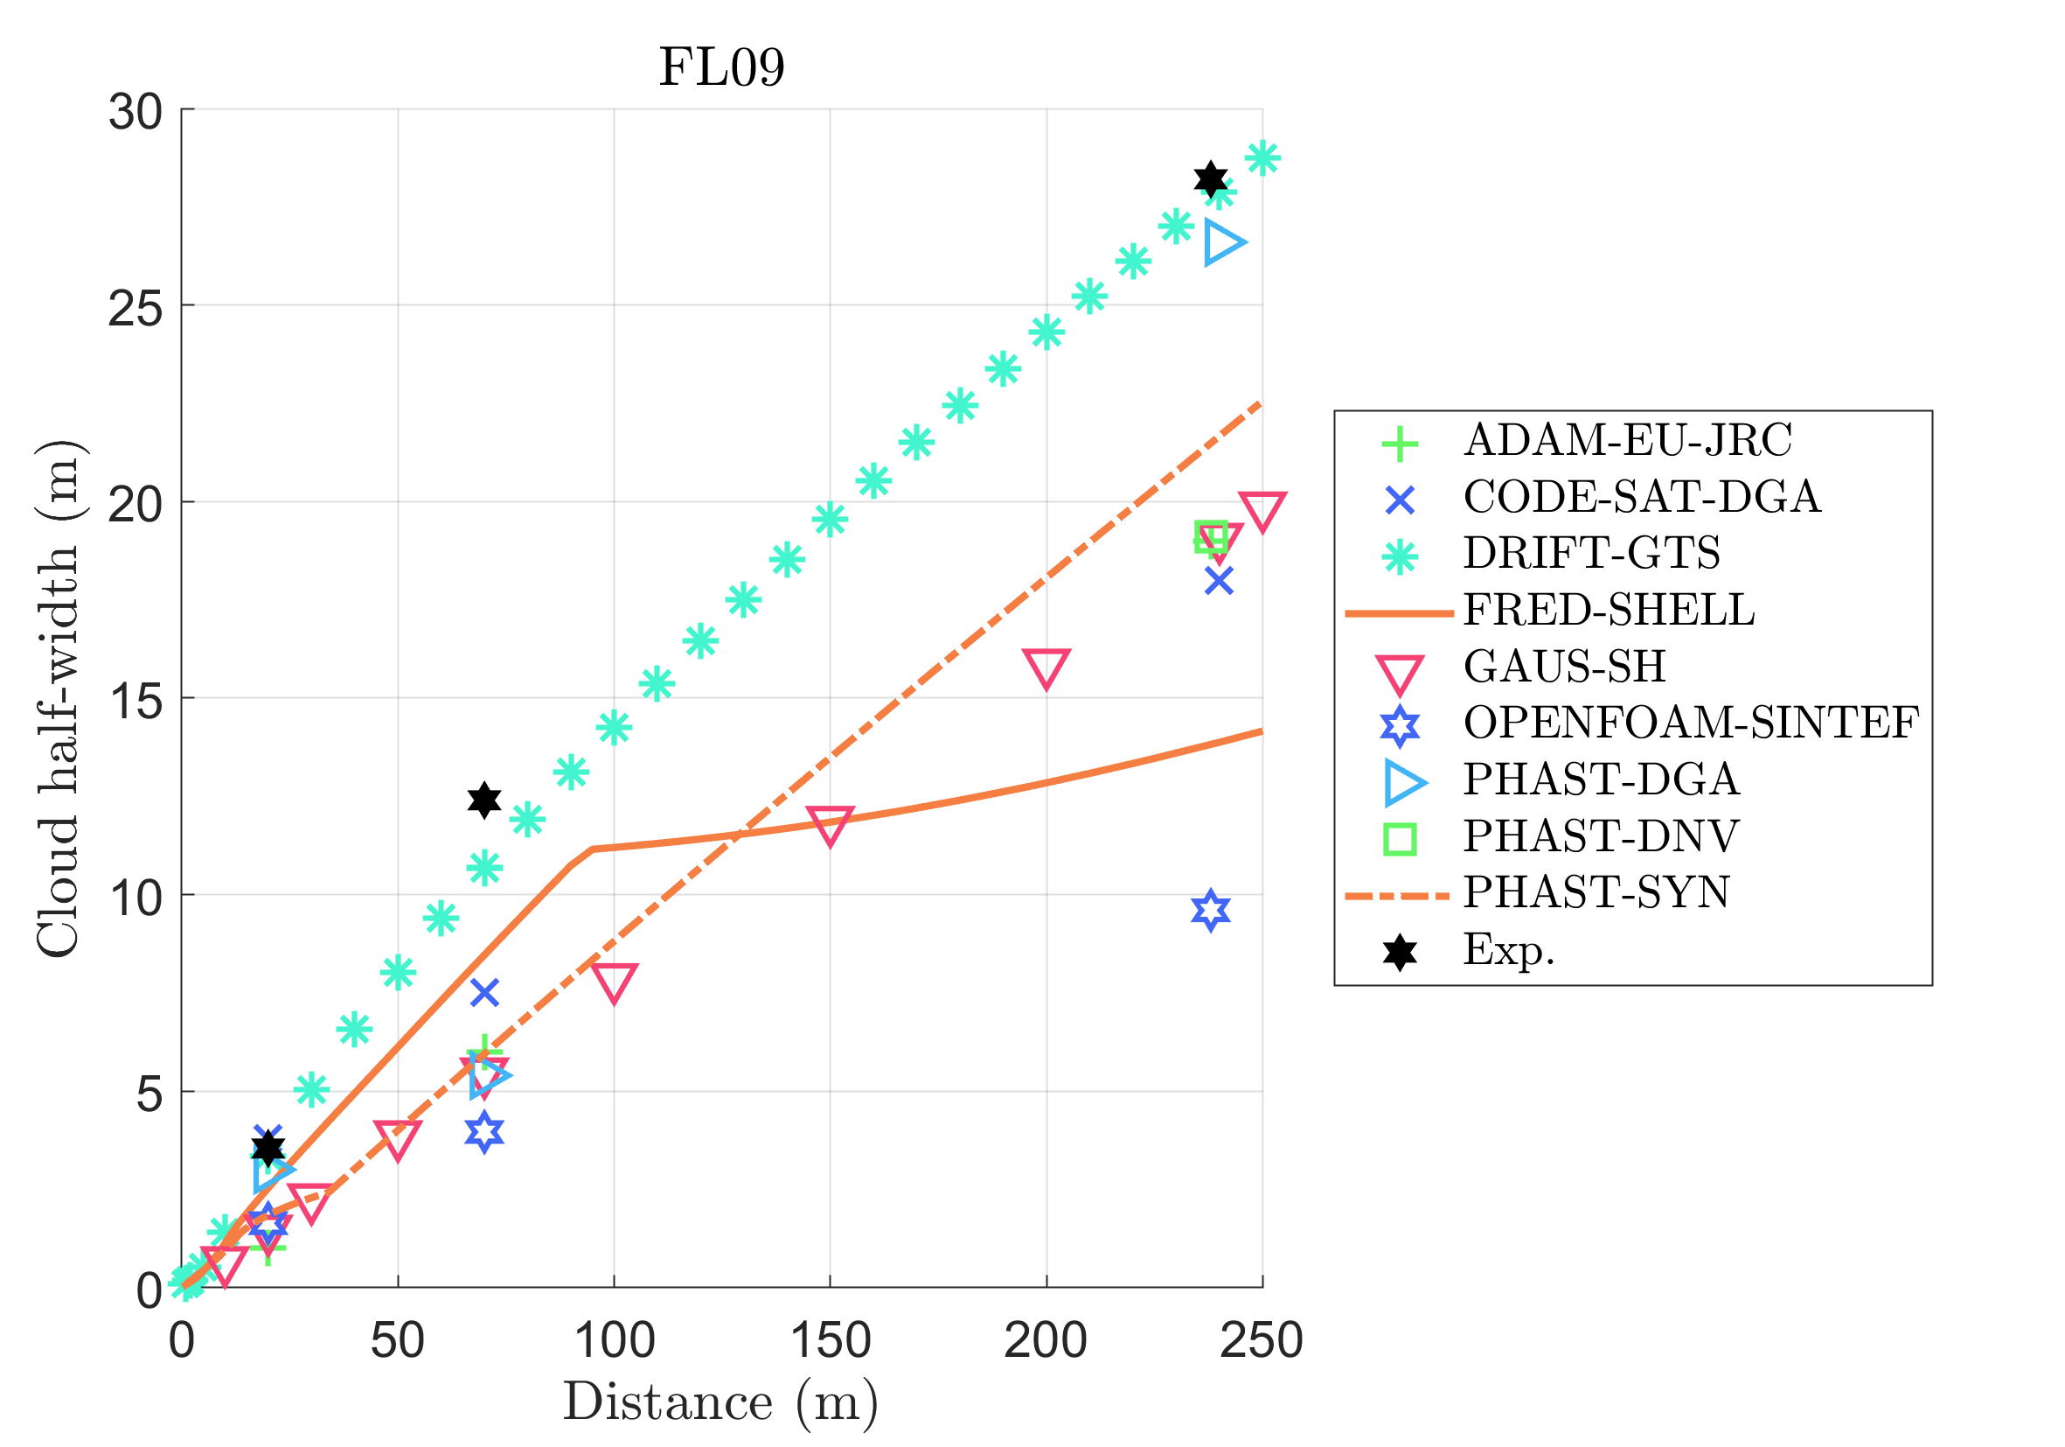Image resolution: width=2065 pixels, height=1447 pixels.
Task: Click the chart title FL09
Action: [x=721, y=67]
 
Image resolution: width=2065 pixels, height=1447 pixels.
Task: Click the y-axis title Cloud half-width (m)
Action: [x=58, y=698]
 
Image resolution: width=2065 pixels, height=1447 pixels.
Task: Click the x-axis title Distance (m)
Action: [x=720, y=1402]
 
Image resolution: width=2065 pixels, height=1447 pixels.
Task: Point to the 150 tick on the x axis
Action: [x=830, y=1341]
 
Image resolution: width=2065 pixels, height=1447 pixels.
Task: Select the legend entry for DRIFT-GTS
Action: [x=1591, y=553]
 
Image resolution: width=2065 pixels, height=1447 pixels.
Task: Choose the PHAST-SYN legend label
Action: [x=1596, y=891]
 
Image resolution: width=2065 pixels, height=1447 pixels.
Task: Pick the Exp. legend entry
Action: [x=1508, y=949]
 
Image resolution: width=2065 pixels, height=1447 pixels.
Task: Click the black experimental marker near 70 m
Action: [x=483, y=799]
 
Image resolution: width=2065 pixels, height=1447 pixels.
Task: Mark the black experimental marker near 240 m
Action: [x=1211, y=179]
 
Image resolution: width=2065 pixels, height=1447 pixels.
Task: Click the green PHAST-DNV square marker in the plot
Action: [x=1211, y=536]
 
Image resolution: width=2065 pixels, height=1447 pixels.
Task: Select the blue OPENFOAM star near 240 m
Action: [x=1211, y=911]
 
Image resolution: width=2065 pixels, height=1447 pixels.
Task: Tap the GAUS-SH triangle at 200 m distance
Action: [x=1046, y=667]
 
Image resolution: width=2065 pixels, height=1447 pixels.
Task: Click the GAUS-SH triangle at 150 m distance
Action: [x=830, y=823]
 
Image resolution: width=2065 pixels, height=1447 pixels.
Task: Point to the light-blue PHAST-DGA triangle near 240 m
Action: [x=1223, y=242]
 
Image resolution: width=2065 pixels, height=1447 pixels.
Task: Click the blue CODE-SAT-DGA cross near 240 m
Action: [x=1219, y=580]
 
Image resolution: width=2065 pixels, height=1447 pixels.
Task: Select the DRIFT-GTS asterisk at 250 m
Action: [x=1262, y=158]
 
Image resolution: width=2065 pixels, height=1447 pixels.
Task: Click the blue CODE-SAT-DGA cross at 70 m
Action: [x=483, y=993]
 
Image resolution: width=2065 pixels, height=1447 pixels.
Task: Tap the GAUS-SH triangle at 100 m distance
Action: [x=614, y=982]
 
